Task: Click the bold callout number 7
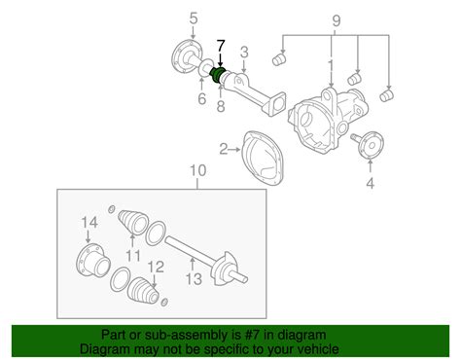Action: [x=221, y=46]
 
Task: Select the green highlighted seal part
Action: [x=217, y=75]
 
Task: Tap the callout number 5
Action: [x=194, y=18]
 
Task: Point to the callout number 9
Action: [x=337, y=20]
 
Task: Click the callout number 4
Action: [x=370, y=183]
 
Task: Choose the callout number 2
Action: [x=224, y=150]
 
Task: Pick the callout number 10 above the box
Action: [x=197, y=170]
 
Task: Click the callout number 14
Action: [x=89, y=223]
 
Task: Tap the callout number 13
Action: [x=194, y=279]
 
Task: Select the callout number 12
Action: [x=156, y=267]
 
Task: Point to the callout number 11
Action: [x=133, y=256]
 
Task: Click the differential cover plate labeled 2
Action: [x=263, y=158]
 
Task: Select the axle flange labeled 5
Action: [x=187, y=56]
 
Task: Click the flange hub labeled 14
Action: [x=92, y=261]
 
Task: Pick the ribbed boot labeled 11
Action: [x=132, y=222]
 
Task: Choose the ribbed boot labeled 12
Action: [x=144, y=290]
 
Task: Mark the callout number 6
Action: [x=201, y=98]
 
